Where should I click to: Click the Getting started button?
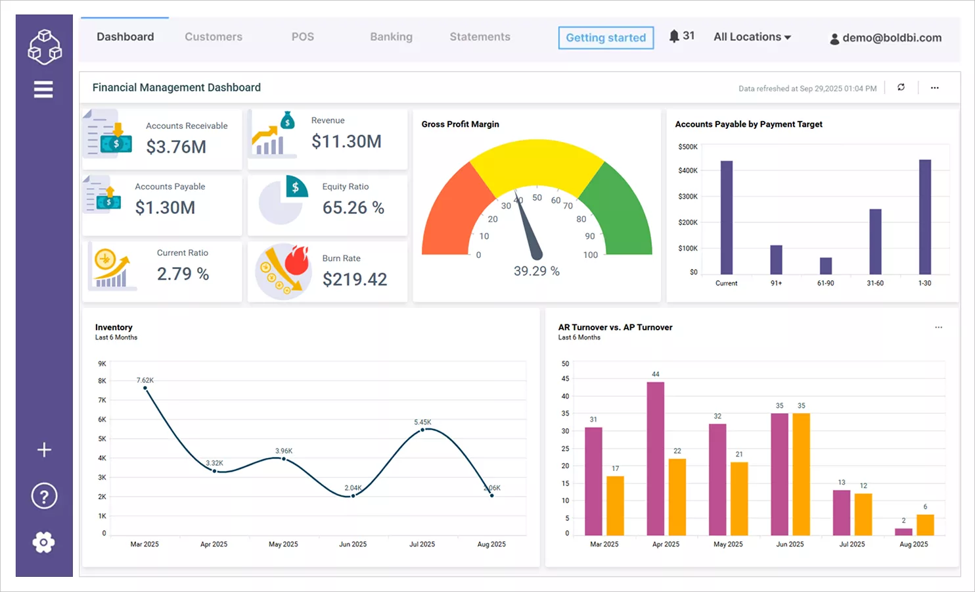606,37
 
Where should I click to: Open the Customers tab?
214,37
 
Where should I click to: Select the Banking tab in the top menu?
391,37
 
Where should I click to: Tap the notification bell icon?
674,36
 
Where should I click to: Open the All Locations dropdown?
752,37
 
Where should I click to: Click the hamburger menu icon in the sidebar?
43,89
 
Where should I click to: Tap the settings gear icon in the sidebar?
43,543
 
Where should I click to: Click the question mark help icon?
44,496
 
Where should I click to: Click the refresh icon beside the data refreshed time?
901,87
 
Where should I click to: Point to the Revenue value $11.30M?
346,141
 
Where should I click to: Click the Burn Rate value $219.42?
355,280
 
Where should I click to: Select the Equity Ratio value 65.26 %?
353,208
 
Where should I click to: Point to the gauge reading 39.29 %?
536,271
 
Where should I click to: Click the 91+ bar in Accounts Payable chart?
776,260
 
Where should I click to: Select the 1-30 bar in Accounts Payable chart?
924,217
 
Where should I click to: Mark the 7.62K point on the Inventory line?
145,388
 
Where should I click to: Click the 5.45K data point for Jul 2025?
423,430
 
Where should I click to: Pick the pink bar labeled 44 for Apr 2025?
655,458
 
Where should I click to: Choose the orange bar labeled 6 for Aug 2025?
925,525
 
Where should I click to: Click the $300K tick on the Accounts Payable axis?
688,197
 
